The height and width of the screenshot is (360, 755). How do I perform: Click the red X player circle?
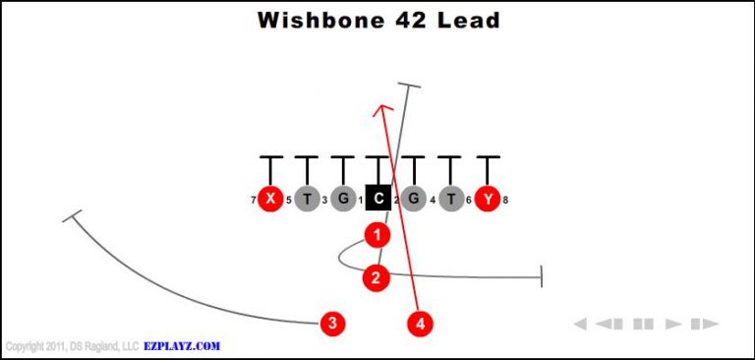pyautogui.click(x=269, y=199)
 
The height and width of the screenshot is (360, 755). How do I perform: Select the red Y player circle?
pyautogui.click(x=488, y=199)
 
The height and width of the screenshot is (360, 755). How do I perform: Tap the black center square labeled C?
pyautogui.click(x=378, y=199)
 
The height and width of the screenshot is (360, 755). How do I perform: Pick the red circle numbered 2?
pyautogui.click(x=376, y=278)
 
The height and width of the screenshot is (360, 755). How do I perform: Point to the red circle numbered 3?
pyautogui.click(x=333, y=323)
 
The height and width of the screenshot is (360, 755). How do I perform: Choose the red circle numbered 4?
pyautogui.click(x=421, y=323)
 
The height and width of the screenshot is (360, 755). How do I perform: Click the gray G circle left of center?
pyautogui.click(x=342, y=199)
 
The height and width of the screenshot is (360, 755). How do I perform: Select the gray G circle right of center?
pyautogui.click(x=414, y=199)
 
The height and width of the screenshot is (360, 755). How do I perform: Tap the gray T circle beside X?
pyautogui.click(x=306, y=199)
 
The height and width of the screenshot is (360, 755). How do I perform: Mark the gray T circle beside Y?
pyautogui.click(x=451, y=199)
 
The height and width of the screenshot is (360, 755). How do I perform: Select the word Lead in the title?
pyautogui.click(x=469, y=21)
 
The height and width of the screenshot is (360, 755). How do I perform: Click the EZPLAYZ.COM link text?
pyautogui.click(x=183, y=346)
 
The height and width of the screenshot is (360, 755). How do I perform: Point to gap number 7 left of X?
pyautogui.click(x=253, y=201)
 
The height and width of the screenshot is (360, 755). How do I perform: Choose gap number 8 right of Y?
pyautogui.click(x=505, y=201)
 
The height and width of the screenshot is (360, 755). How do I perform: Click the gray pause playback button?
pyautogui.click(x=644, y=324)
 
